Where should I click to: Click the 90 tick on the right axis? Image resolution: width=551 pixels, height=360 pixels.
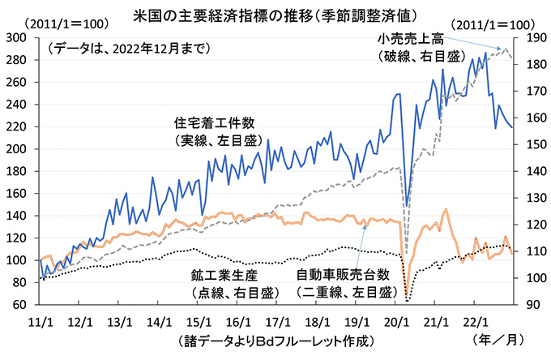tap(532, 305)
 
